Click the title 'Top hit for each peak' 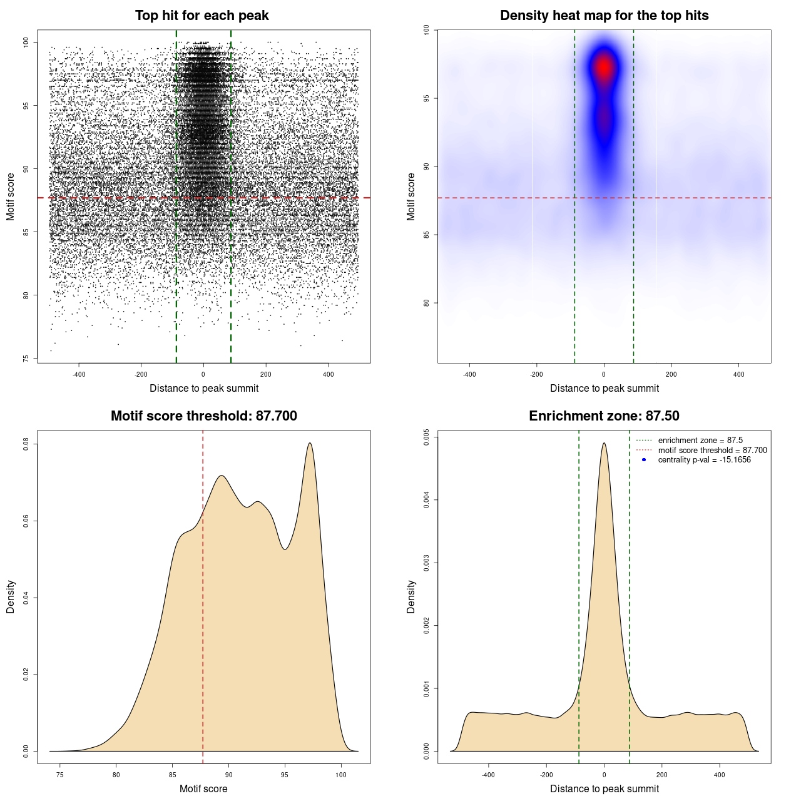point(202,16)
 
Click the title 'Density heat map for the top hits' point(604,16)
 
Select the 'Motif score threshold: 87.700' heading point(203,416)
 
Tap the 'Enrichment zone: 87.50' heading point(604,416)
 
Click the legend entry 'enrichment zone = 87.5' point(700,441)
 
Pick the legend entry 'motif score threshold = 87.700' point(712,450)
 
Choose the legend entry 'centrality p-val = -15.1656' point(704,460)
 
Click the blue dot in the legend point(644,460)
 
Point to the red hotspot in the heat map point(604,66)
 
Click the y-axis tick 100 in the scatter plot point(26,42)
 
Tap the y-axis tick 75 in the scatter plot point(26,359)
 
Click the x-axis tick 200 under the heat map point(671,374)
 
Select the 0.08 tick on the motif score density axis point(26,444)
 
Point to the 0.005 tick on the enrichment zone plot point(427,437)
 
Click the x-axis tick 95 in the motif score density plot point(285,775)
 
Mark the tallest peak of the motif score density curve point(310,444)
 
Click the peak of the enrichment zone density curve point(604,444)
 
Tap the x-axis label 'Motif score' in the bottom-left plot point(203,788)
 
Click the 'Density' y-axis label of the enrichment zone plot point(411,596)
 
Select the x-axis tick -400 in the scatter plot point(79,374)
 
